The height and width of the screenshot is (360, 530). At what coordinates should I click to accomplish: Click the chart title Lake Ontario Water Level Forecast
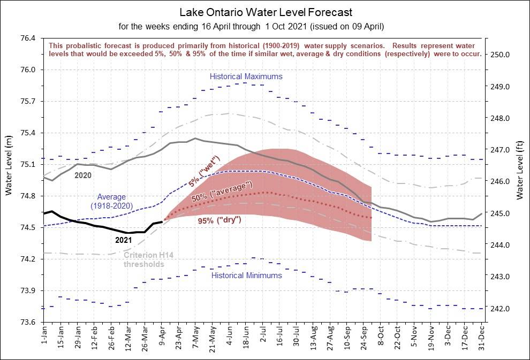coord(266,12)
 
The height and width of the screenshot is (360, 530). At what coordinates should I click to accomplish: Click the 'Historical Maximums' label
coord(246,76)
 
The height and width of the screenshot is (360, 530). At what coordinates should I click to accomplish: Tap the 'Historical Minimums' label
coord(246,275)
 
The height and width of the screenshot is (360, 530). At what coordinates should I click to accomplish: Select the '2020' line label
coord(83,175)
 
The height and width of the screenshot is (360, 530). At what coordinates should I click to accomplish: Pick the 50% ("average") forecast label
coord(222,193)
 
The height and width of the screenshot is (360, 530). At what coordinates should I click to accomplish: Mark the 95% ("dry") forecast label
coord(227,220)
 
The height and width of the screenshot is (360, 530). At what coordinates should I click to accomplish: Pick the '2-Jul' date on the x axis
coord(263,338)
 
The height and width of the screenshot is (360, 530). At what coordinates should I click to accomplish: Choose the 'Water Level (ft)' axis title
coord(520,172)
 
